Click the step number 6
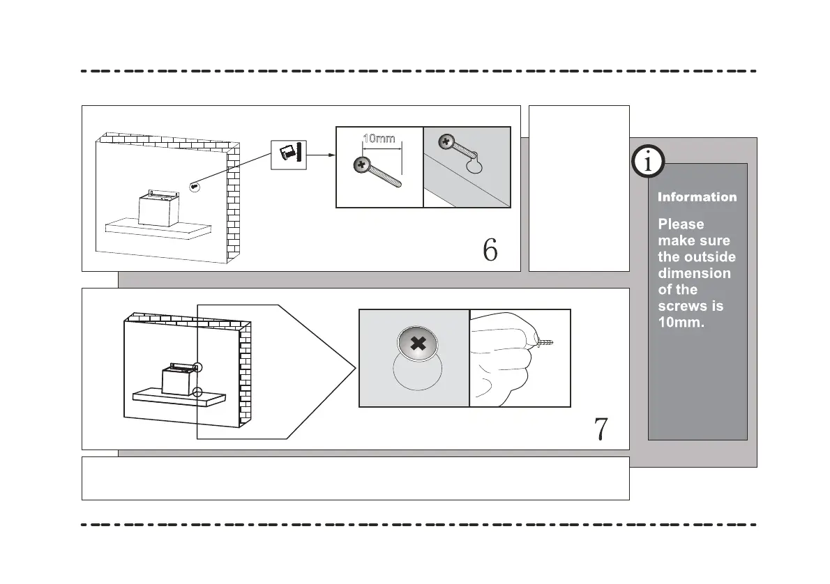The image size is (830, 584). pos(490,250)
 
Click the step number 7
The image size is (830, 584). pos(600,430)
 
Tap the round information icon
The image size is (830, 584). pos(649,163)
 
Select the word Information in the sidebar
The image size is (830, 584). pos(697,197)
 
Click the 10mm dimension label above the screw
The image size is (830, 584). pos(379,138)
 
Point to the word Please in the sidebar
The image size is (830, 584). pos(681,224)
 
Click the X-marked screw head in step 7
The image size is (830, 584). pos(418,344)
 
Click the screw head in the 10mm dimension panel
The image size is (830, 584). pos(361,165)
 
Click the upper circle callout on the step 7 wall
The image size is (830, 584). pos(198,367)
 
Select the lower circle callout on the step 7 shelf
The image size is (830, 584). pos(198,392)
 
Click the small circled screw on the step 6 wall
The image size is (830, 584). pos(195,186)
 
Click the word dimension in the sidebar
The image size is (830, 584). pos(694,273)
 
